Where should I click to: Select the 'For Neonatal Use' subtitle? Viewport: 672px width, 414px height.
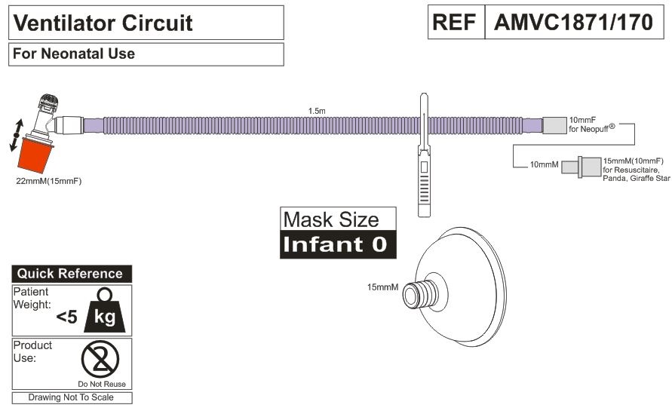tap(74, 54)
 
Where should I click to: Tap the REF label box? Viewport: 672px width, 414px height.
tap(455, 23)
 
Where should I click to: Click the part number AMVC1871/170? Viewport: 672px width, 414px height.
tap(573, 23)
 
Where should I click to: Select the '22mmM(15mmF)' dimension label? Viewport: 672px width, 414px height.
tap(48, 182)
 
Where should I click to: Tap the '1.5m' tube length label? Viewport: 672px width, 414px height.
tap(318, 110)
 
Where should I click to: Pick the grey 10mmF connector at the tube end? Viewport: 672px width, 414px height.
tap(553, 125)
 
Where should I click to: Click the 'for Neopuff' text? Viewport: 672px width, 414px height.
tap(593, 129)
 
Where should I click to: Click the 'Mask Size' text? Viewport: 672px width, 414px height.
tap(330, 220)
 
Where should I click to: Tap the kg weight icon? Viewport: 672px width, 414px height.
tap(105, 311)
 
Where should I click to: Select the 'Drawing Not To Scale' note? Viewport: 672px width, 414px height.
tap(72, 397)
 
